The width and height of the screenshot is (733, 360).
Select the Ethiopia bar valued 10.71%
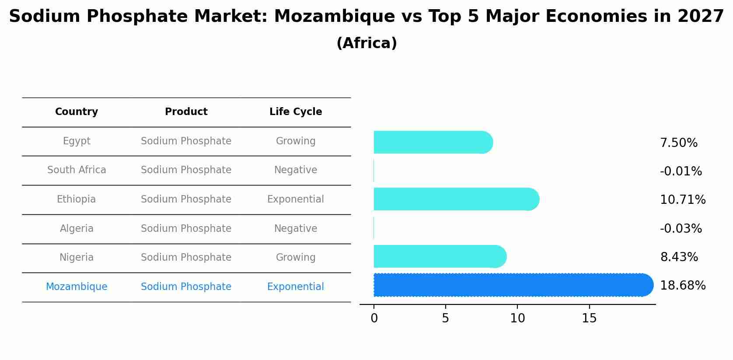(455, 199)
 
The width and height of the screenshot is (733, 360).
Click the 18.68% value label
(682, 286)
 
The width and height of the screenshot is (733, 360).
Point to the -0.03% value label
(681, 228)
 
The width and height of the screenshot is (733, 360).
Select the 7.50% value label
(678, 143)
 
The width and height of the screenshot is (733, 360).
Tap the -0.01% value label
(681, 171)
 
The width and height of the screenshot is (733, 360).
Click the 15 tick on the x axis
(589, 318)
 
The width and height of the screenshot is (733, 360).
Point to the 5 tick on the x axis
(445, 318)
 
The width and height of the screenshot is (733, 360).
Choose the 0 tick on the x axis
(374, 318)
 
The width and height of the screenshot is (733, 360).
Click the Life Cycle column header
(296, 112)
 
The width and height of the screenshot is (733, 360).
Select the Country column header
(77, 112)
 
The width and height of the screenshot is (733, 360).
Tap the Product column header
(186, 112)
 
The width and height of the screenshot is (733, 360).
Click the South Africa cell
(77, 170)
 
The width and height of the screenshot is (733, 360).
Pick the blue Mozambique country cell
(77, 287)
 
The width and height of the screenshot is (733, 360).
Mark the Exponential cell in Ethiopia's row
(296, 199)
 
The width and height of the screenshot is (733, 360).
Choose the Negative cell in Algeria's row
(296, 228)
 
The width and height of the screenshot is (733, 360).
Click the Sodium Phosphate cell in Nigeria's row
(186, 257)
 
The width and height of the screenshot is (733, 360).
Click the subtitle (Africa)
(366, 43)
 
